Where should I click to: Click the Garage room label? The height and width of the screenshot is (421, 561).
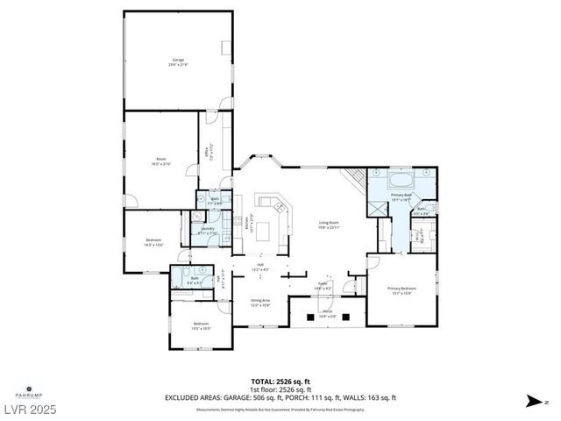(x=178, y=61)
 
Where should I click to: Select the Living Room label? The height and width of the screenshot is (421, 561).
(x=329, y=224)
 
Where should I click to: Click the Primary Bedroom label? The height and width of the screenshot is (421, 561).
(x=402, y=290)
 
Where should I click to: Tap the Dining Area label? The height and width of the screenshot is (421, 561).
(x=260, y=303)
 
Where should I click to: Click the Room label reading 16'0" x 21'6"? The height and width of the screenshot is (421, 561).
(x=160, y=161)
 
